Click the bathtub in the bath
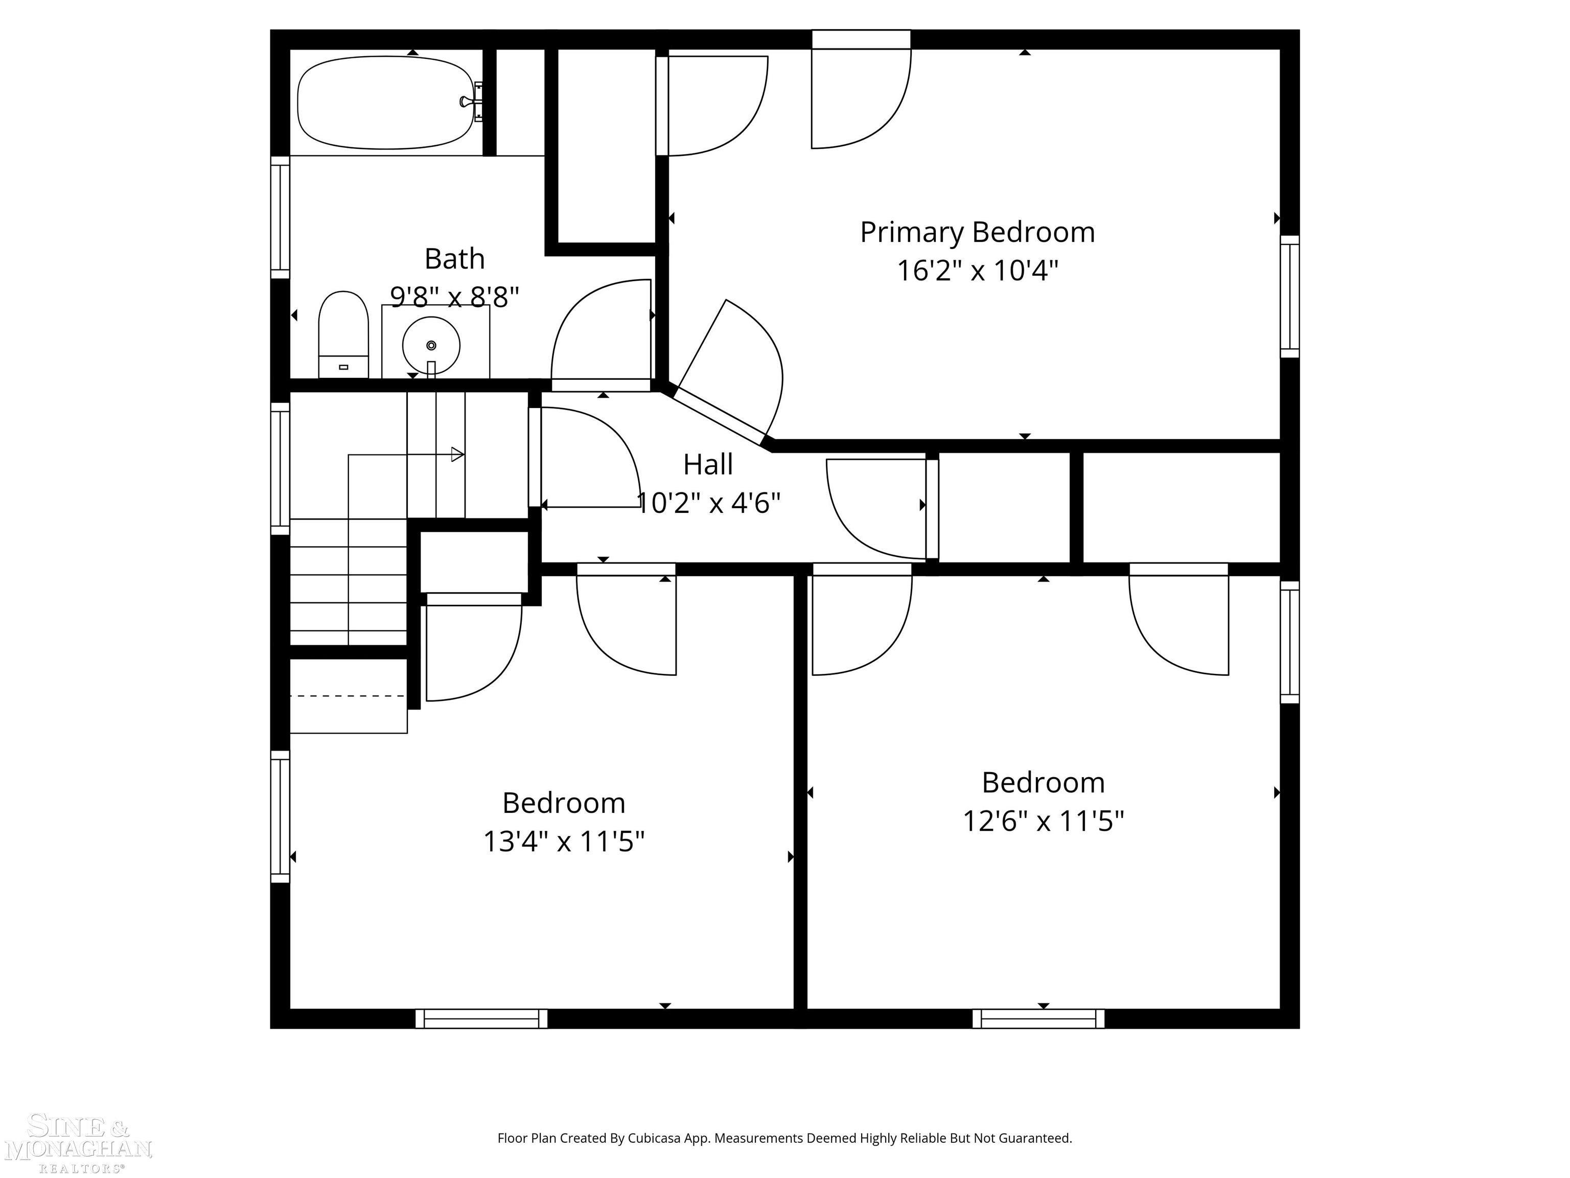pyautogui.click(x=385, y=103)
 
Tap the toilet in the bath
pyautogui.click(x=343, y=334)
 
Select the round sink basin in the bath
pyautogui.click(x=431, y=346)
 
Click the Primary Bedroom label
pyautogui.click(x=977, y=232)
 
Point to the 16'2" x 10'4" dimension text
pyautogui.click(x=977, y=270)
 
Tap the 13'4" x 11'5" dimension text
pyautogui.click(x=564, y=842)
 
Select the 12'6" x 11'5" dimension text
pyautogui.click(x=1043, y=822)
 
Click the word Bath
pyautogui.click(x=454, y=259)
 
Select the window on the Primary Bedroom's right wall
pyautogui.click(x=1289, y=296)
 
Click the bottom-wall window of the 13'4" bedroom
pyautogui.click(x=481, y=1018)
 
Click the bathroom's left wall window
pyautogui.click(x=281, y=217)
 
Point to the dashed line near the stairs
pyautogui.click(x=348, y=696)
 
